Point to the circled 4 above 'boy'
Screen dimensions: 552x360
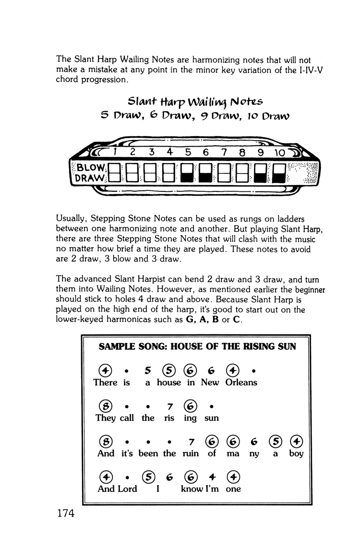tap(296, 441)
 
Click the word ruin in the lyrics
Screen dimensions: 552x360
tap(190, 453)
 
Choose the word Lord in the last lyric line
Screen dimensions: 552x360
tap(127, 489)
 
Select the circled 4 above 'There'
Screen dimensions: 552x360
tap(105, 370)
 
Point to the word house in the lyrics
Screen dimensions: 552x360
tap(168, 382)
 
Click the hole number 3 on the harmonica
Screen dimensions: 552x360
tap(152, 153)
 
